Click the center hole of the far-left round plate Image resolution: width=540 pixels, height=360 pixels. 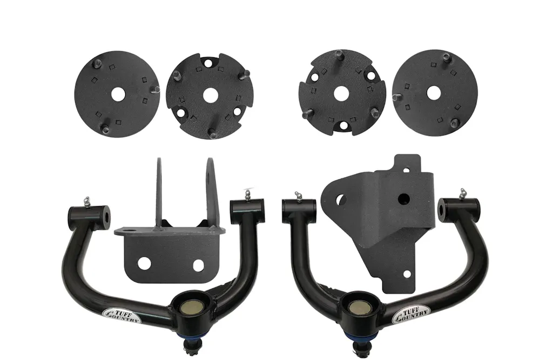coord(117,93)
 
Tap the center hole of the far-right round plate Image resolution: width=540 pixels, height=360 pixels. coord(434,93)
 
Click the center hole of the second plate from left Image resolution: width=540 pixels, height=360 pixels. coord(210,96)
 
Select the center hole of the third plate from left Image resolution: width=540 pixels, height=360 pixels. coord(341,93)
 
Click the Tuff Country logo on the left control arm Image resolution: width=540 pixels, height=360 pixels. coord(123,314)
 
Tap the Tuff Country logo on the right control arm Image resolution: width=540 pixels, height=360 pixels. coord(411,314)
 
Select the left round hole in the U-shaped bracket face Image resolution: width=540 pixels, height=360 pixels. coord(144,263)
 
